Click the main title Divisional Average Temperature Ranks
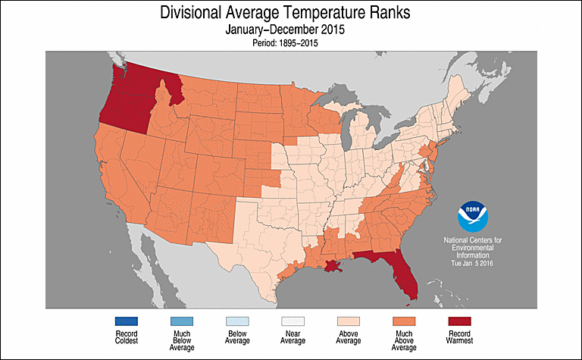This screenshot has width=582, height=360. point(291,13)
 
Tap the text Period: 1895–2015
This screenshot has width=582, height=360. point(291,43)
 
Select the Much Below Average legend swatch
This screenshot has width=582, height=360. point(178,321)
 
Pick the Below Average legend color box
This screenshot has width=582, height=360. point(237,321)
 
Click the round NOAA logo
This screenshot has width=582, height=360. point(472,217)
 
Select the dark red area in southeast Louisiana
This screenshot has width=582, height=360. point(334,267)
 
